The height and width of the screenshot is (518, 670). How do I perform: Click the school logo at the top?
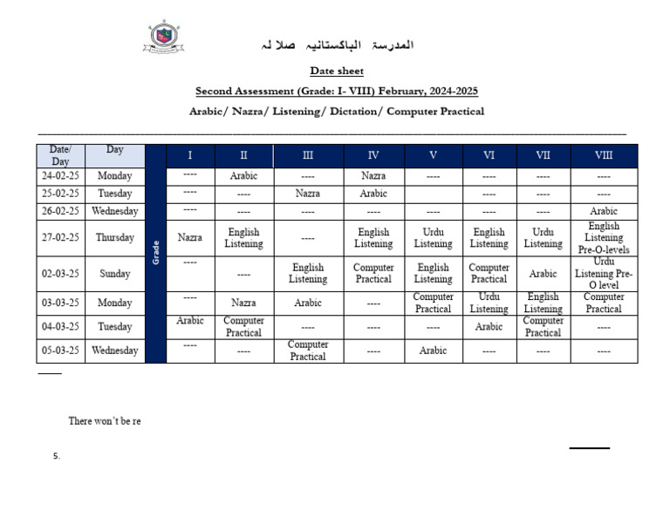coord(162,37)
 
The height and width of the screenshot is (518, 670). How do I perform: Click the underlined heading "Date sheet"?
coord(336,71)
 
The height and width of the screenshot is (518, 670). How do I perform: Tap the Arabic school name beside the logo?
coord(337,44)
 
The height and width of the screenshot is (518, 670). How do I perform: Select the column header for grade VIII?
coord(603,155)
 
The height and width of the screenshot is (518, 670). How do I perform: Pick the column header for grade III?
coord(308,155)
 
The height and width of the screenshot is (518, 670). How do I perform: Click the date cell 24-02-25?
coord(60,176)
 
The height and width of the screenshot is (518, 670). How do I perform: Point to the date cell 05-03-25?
coord(60,351)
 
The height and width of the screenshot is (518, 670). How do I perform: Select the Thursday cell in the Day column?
coord(115,237)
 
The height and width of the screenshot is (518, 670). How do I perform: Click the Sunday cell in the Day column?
coord(115,274)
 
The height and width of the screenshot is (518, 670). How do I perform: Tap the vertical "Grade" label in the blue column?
coord(155,253)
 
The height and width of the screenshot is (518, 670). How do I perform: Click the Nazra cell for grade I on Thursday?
coord(189,237)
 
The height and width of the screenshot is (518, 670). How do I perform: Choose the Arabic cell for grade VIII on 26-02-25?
coord(603,211)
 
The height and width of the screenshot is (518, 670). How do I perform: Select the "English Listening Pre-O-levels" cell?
coord(603,238)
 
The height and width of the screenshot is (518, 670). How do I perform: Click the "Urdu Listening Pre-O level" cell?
coord(603,274)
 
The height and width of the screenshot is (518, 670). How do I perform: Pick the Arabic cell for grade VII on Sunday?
coord(543,274)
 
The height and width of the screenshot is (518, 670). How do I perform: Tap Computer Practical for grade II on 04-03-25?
coord(243,327)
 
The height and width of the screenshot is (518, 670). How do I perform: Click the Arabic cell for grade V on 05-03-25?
coord(433,351)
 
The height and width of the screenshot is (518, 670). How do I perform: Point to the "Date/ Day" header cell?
coord(60,155)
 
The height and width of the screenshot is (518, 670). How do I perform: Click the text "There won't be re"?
coord(105,421)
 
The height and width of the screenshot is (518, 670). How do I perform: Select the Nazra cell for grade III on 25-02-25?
coord(308,194)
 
